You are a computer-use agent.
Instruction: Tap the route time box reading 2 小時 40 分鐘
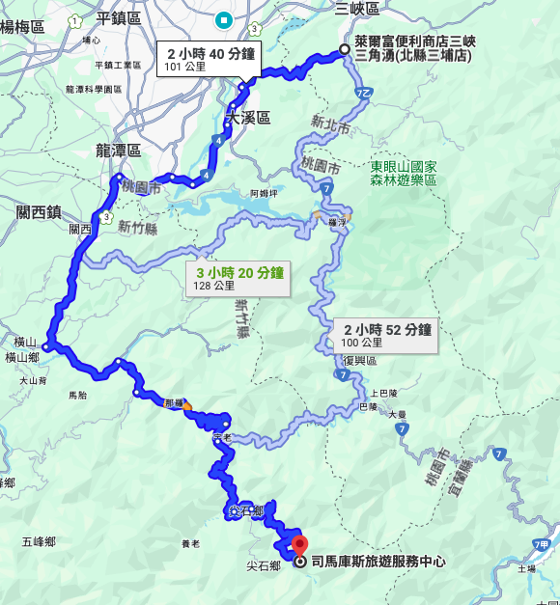click(x=210, y=60)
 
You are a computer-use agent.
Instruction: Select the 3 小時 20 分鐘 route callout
click(x=238, y=278)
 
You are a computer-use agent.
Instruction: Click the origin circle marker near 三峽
click(x=345, y=51)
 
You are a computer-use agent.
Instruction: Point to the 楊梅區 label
click(x=22, y=27)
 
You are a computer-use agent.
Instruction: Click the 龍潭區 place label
click(x=118, y=151)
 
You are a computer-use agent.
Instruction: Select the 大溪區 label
click(x=248, y=118)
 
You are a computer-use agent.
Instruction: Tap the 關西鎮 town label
click(x=39, y=210)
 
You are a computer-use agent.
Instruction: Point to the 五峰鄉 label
click(x=41, y=541)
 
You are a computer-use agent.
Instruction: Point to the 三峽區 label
click(x=356, y=9)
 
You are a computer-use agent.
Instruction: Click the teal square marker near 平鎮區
click(x=224, y=18)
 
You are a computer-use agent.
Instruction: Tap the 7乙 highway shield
click(x=363, y=94)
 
